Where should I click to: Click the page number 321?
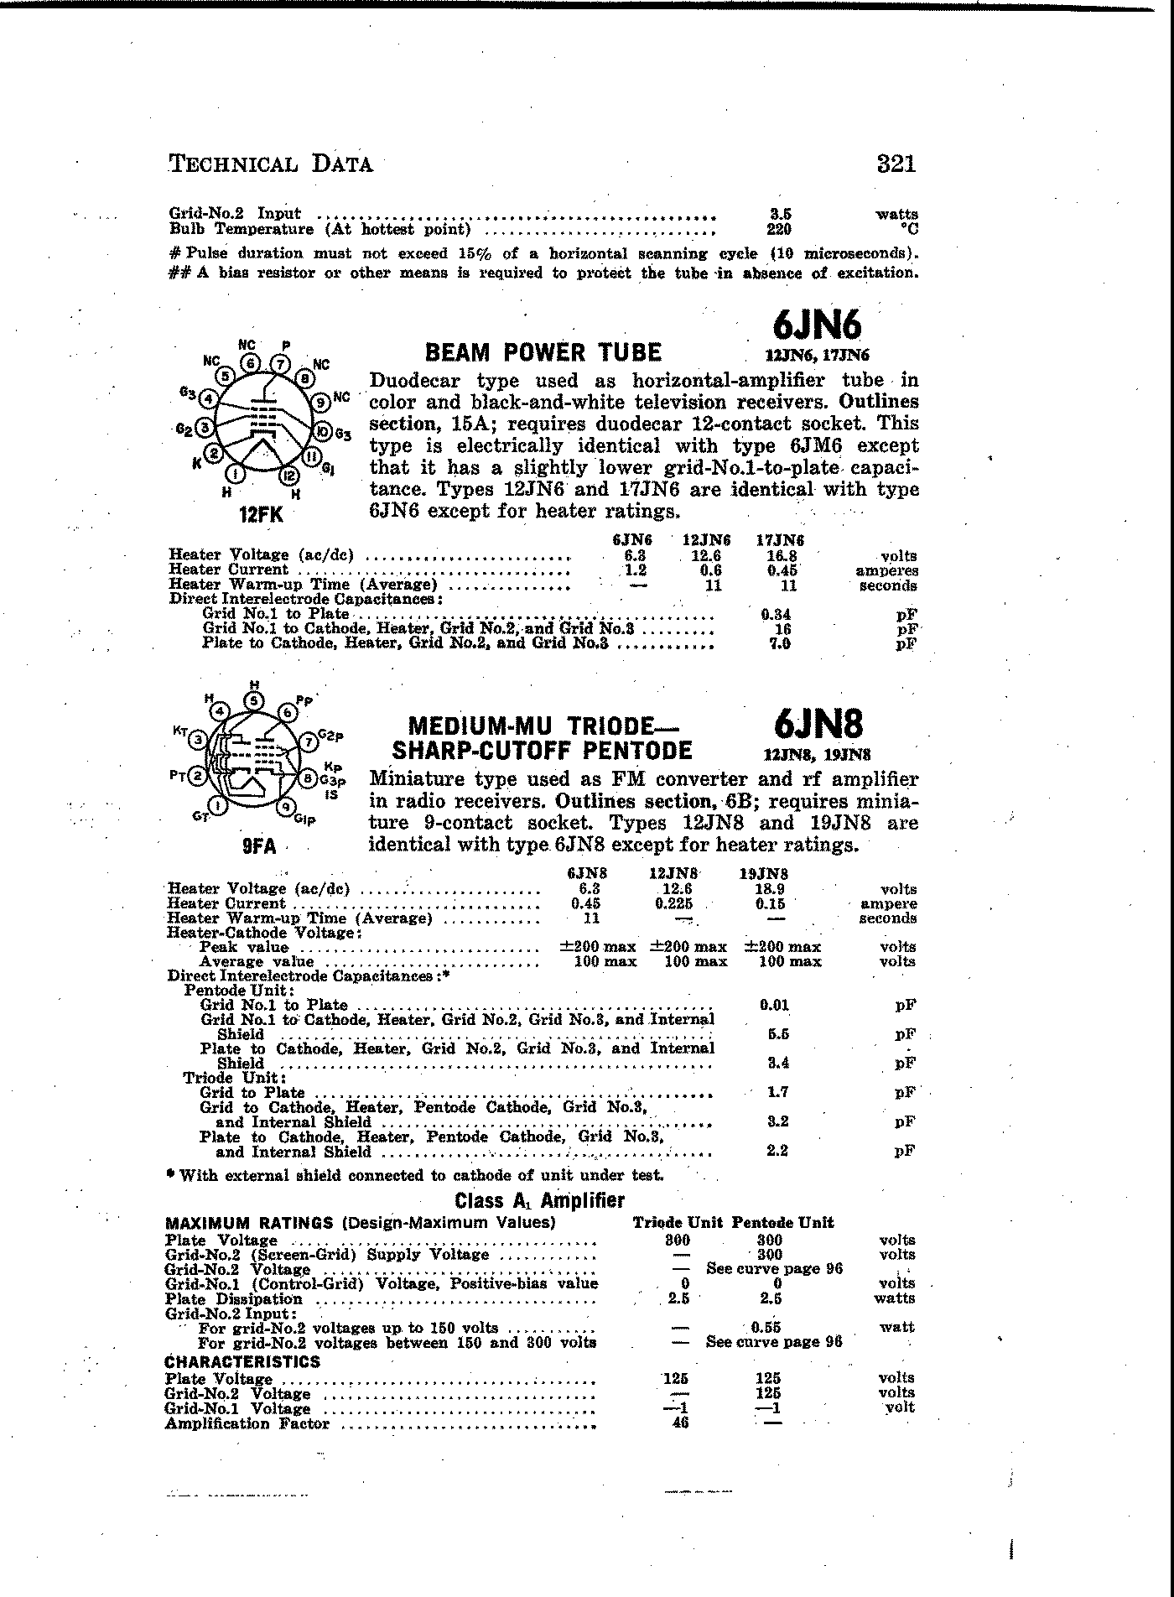tap(896, 163)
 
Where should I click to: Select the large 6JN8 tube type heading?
tap(818, 723)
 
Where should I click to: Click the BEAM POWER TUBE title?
tap(543, 352)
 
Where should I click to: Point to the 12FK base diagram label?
tap(261, 515)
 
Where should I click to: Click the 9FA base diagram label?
tap(258, 846)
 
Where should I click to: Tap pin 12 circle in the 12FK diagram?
tap(289, 476)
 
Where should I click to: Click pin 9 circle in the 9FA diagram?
tap(287, 807)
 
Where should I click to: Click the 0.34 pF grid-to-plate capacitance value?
tap(776, 615)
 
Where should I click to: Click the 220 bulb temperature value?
tap(779, 228)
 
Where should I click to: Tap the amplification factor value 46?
tap(680, 1423)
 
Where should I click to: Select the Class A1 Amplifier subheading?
tap(539, 1200)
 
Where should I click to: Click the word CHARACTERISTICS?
tap(242, 1361)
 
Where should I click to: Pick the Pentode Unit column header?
tap(782, 1223)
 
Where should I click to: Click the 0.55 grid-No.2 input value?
tap(767, 1328)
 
